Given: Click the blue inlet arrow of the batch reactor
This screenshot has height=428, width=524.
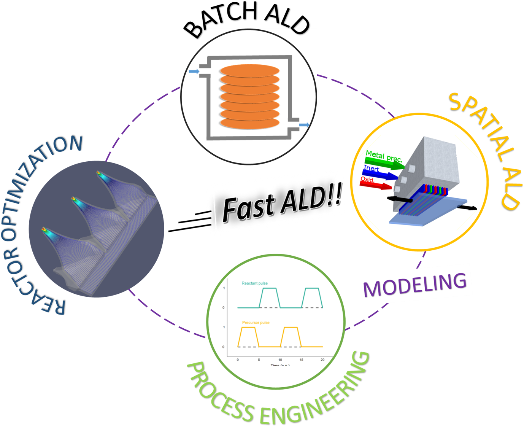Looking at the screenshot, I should (x=194, y=72).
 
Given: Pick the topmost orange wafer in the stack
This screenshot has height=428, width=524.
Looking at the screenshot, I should (x=249, y=72).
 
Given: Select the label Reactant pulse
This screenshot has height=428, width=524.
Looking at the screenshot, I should (x=254, y=283).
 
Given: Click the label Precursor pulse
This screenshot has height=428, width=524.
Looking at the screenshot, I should (x=256, y=323).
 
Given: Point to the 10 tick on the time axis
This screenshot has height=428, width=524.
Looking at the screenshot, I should (x=280, y=360).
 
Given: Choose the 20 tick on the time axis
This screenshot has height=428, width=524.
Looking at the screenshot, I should (x=322, y=360).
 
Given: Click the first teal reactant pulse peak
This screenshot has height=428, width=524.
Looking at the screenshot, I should (x=270, y=288).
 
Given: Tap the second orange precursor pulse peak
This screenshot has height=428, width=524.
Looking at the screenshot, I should (x=291, y=327).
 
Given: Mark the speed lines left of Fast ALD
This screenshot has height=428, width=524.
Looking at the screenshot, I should (x=190, y=223).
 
